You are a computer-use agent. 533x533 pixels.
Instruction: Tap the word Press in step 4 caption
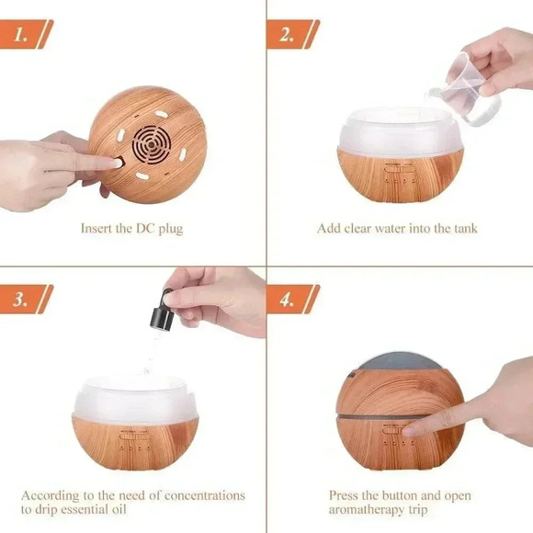click(x=345, y=495)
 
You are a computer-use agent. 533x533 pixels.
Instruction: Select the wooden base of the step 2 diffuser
click(x=400, y=175)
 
